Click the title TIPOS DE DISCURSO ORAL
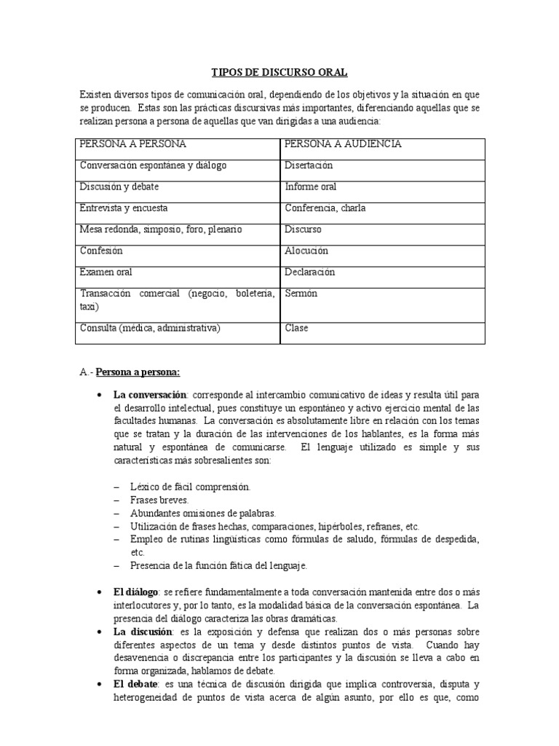[279, 72]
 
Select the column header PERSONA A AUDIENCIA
[343, 144]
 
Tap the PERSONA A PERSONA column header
[132, 144]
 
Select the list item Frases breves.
[159, 500]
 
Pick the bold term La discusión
[143, 632]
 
